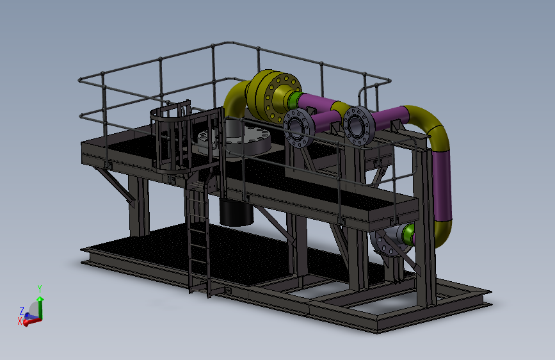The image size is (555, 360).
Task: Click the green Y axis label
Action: click(x=40, y=289)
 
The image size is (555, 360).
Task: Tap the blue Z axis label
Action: click(x=22, y=311)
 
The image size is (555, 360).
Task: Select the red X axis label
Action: click(x=20, y=321)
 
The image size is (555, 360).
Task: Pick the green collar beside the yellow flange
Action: click(x=294, y=100)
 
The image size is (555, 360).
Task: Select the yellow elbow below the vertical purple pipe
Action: click(x=443, y=233)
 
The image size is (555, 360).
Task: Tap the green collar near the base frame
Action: click(x=408, y=234)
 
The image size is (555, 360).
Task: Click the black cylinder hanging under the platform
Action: click(x=236, y=213)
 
